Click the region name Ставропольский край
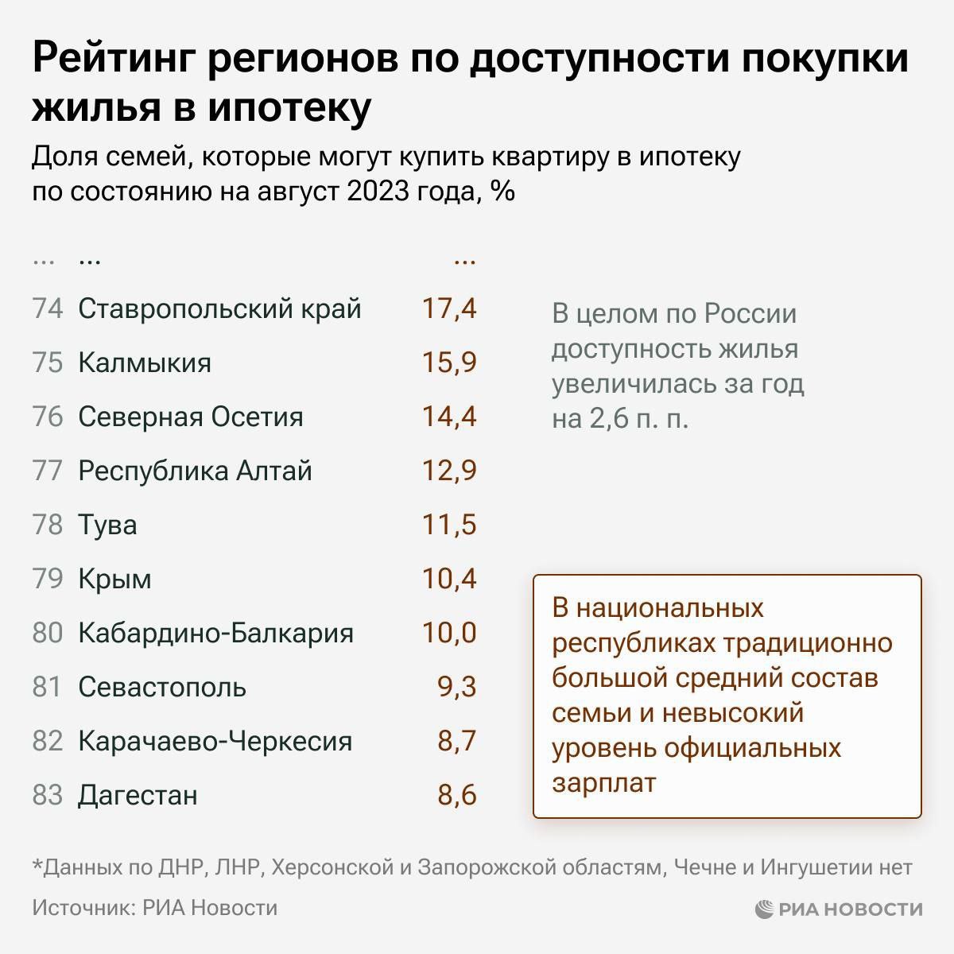(219, 308)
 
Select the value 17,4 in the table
(449, 308)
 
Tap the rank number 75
(47, 363)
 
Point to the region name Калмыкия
(145, 363)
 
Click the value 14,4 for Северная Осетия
(449, 417)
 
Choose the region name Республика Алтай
(195, 471)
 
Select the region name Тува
(107, 525)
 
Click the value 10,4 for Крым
(449, 579)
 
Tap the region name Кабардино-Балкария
(215, 633)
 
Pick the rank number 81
(47, 687)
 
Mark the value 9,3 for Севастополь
(457, 687)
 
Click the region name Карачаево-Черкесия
(215, 741)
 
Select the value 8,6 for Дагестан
(457, 795)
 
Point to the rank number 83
(47, 795)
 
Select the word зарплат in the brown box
(604, 782)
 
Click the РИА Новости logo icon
(764, 909)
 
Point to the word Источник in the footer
(80, 908)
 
